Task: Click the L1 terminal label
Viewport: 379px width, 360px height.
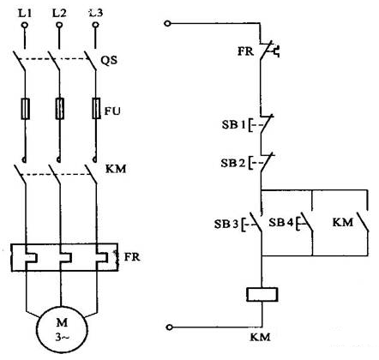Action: (25, 13)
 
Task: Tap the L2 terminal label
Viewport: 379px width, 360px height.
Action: (59, 13)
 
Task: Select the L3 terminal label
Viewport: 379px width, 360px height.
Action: (96, 13)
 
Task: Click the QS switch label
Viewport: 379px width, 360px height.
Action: (109, 61)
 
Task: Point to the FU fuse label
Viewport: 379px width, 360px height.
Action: (112, 111)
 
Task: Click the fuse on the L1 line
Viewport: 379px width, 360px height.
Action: (26, 109)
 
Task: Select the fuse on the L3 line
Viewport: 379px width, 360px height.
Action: (96, 109)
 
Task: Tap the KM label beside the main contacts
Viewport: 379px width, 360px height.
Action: (116, 169)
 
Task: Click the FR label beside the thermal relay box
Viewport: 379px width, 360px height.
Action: (132, 257)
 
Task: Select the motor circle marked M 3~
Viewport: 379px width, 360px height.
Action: (62, 332)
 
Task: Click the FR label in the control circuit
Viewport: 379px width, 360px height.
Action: (245, 51)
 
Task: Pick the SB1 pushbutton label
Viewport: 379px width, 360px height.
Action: (233, 125)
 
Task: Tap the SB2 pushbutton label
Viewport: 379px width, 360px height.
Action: (232, 163)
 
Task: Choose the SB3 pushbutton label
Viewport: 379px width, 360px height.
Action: (226, 224)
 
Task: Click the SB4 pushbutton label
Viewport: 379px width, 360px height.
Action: (280, 222)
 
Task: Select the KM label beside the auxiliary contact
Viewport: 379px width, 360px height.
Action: (343, 222)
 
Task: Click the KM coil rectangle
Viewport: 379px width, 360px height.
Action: (262, 295)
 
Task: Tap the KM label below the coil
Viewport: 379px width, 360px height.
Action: (260, 337)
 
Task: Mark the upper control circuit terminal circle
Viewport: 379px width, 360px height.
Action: (168, 24)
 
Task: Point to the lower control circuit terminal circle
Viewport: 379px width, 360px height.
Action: (170, 327)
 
